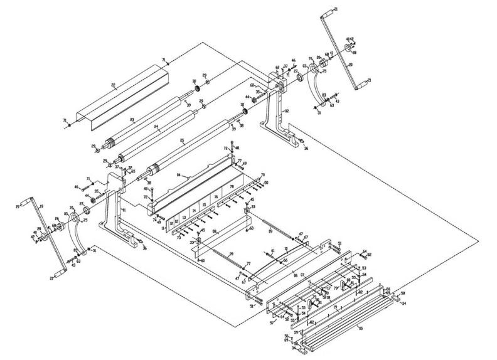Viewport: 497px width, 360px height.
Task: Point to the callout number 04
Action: [x=179, y=175]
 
